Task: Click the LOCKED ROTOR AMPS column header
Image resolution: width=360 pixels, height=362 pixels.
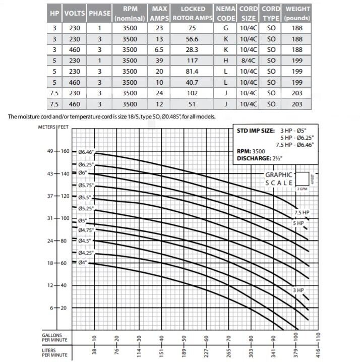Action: tap(193, 14)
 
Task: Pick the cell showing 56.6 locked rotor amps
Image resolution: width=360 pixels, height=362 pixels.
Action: tap(193, 39)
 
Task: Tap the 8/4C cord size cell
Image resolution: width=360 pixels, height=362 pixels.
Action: tap(249, 61)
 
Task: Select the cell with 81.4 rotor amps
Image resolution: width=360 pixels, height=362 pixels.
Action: tap(193, 71)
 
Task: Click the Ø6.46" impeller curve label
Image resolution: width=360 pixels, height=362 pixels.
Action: tap(87, 152)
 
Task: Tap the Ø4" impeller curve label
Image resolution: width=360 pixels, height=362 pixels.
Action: tap(84, 263)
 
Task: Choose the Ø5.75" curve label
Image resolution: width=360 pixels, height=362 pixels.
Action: tap(87, 186)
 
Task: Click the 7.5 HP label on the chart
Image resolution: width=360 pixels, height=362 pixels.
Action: tap(302, 212)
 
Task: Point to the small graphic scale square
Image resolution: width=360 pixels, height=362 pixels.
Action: tap(303, 179)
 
